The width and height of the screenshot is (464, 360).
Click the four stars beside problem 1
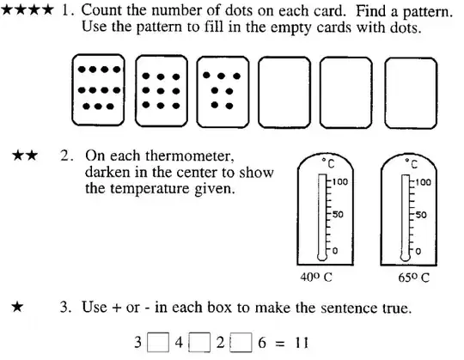[27, 10]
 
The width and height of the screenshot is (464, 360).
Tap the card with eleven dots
[98, 90]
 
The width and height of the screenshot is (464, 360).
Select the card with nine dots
[162, 91]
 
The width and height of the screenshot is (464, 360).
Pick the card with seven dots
[223, 92]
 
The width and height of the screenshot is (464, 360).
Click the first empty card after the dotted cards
[284, 92]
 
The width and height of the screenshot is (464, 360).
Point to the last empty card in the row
[411, 93]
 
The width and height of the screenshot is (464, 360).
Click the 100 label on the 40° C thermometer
[339, 181]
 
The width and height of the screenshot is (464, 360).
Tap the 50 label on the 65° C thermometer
[421, 215]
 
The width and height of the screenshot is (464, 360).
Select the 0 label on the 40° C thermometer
[335, 251]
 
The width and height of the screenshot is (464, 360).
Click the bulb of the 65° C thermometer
[405, 257]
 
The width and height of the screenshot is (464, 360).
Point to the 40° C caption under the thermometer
[315, 278]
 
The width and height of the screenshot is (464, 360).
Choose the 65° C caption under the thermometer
[413, 278]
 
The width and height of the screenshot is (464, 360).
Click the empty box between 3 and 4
[158, 342]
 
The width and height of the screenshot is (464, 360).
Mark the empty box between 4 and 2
[199, 342]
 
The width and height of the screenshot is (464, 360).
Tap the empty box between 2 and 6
[241, 342]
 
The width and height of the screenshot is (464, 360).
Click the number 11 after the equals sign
[302, 343]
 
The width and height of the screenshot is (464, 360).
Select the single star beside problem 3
[17, 307]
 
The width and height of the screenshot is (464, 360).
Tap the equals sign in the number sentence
[280, 344]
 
